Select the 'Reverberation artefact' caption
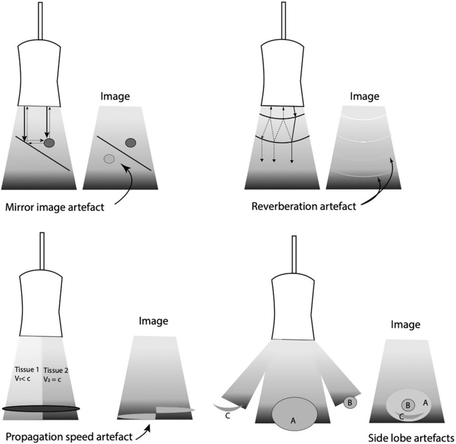(305, 205)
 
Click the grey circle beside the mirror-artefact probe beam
(49, 142)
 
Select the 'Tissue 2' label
(57, 370)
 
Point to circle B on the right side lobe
(350, 402)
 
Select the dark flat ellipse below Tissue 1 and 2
(41, 407)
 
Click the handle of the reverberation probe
(284, 21)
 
